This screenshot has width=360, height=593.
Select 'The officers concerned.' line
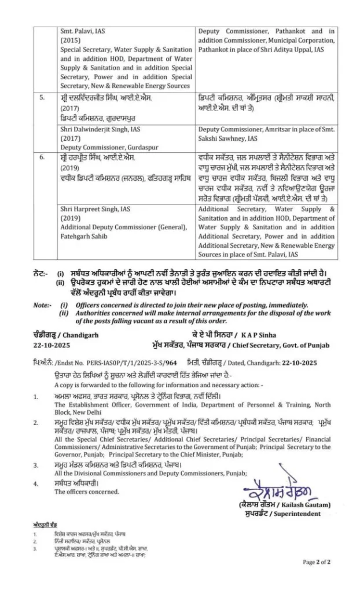point(87,492)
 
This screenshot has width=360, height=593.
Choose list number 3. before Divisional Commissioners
point(36,464)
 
